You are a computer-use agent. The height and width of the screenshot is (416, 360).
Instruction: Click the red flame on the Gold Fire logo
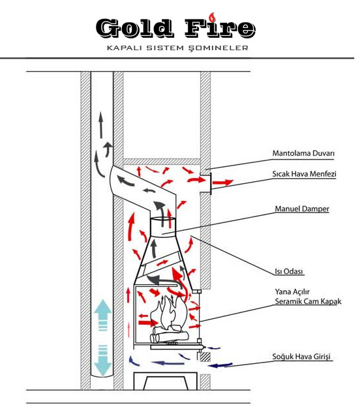[212, 17]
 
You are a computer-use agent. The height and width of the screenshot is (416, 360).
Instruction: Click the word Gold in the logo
[134, 28]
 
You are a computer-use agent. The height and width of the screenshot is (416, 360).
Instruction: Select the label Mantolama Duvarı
[303, 153]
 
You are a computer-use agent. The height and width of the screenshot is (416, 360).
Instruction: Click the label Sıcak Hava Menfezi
[304, 174]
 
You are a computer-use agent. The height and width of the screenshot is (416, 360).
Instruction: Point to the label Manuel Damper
[302, 209]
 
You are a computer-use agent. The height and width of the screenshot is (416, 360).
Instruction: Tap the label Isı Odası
[289, 271]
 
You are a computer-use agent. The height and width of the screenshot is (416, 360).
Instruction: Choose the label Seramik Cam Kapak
[308, 301]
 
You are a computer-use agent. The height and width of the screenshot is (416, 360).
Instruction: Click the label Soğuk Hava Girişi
[301, 357]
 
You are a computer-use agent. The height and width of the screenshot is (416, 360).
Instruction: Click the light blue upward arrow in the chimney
[102, 315]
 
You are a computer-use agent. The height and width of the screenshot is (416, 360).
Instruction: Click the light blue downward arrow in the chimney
[102, 361]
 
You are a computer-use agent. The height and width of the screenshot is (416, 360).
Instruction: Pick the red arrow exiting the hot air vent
[223, 183]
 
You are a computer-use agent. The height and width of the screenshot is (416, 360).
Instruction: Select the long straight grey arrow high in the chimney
[101, 125]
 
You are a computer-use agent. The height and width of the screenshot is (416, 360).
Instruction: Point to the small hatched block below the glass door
[205, 356]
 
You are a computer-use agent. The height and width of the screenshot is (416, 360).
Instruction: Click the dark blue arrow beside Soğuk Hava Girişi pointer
[220, 365]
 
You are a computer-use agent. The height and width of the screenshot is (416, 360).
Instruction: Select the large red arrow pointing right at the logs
[148, 323]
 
